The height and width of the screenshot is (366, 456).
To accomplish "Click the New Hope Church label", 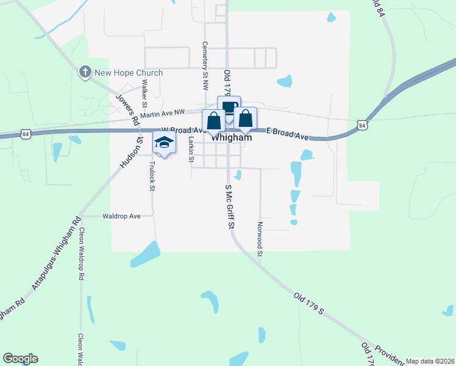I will (128, 73).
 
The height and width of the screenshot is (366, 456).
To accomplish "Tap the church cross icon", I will (85, 73).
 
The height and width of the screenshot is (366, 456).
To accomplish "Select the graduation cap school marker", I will (164, 143).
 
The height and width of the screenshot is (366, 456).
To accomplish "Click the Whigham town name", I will (232, 138).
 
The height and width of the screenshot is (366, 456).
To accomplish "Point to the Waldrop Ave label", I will (121, 216).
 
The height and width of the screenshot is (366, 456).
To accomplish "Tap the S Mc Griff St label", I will (230, 207).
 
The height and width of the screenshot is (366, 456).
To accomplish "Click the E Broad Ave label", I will (288, 134).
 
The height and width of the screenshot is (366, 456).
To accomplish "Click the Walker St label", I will (144, 90).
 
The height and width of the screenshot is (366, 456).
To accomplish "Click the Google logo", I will (20, 359).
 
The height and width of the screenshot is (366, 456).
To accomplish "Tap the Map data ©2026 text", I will (430, 361).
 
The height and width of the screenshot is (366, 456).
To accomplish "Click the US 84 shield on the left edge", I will (25, 133).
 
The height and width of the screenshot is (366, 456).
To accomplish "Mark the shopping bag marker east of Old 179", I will (245, 118).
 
